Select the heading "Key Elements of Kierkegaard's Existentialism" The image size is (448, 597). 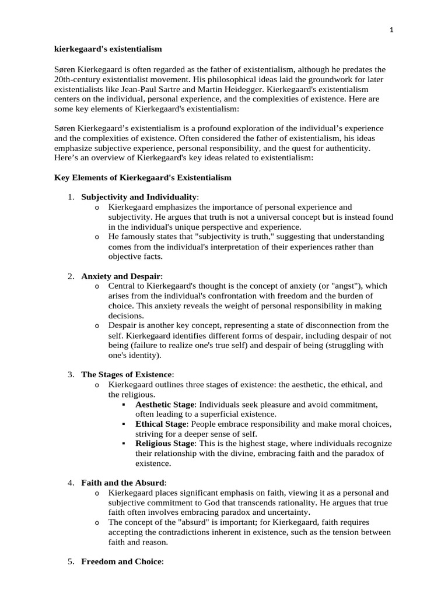click(x=143, y=177)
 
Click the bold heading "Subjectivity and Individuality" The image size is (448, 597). click(x=139, y=197)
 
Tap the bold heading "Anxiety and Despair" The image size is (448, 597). click(x=121, y=276)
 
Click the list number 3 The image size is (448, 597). click(x=70, y=374)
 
